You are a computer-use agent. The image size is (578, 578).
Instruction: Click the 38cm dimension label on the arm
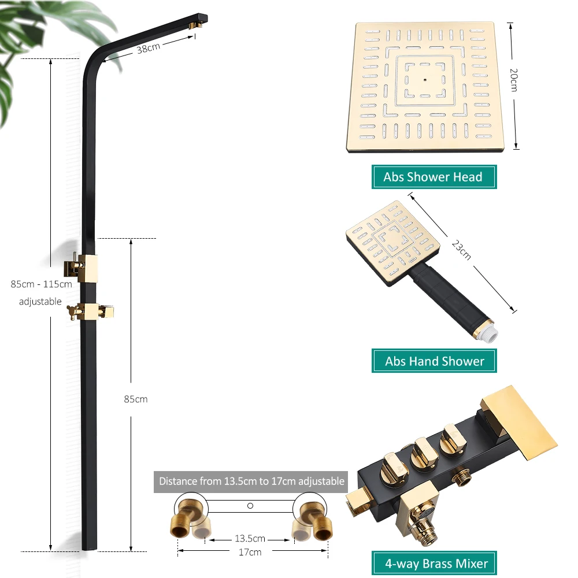tap(148, 48)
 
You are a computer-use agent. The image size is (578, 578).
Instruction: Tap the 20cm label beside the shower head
tap(514, 80)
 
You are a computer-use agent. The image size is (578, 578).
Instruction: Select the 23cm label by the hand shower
tap(461, 250)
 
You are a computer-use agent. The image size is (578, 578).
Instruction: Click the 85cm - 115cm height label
tap(41, 284)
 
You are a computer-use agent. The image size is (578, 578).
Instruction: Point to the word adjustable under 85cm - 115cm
tap(40, 301)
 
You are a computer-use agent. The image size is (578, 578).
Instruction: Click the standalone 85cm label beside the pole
tap(136, 399)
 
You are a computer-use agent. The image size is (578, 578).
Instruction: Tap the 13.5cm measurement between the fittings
tap(250, 538)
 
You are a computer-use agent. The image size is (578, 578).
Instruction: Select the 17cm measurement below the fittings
tap(250, 552)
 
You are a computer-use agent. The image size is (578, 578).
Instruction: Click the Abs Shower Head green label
tap(434, 177)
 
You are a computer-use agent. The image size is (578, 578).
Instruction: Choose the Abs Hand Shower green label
tap(434, 361)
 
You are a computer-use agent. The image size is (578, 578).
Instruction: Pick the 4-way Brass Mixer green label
tap(434, 563)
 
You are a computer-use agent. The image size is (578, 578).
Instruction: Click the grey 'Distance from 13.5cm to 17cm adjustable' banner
tap(251, 481)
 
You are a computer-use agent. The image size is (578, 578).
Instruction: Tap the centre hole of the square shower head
tap(425, 79)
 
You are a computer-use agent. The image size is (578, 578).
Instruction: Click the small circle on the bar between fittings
tap(250, 506)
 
